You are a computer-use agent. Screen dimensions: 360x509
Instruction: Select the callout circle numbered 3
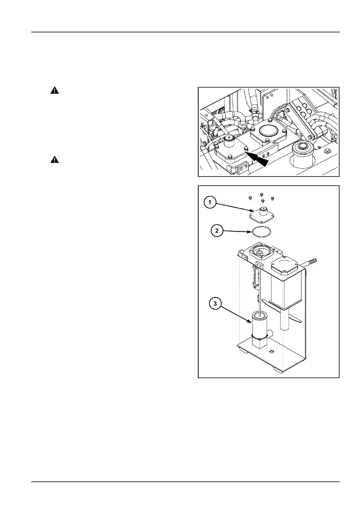pos(215,304)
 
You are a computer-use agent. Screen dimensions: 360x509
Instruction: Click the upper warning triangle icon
pos(54,90)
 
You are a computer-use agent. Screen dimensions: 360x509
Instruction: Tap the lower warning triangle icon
pos(54,160)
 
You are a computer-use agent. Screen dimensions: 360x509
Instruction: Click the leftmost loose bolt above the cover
pos(250,198)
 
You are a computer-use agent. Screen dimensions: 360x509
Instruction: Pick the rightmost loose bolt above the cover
pos(273,198)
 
